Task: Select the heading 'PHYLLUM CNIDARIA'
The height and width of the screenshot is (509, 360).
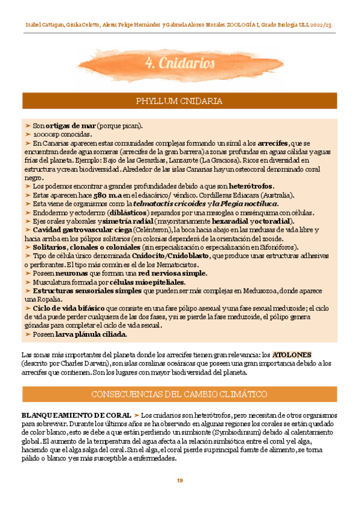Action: pyautogui.click(x=179, y=101)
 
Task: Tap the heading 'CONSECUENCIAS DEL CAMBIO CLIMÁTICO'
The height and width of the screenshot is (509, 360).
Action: pyautogui.click(x=179, y=394)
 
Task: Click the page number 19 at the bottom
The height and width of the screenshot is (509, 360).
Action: pyautogui.click(x=179, y=481)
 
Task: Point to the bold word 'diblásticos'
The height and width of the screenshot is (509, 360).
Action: pyautogui.click(x=129, y=212)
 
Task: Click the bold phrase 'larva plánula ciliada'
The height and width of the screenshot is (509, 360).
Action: pyautogui.click(x=91, y=334)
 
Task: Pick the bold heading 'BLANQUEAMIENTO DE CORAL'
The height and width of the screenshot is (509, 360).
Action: pyautogui.click(x=74, y=415)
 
